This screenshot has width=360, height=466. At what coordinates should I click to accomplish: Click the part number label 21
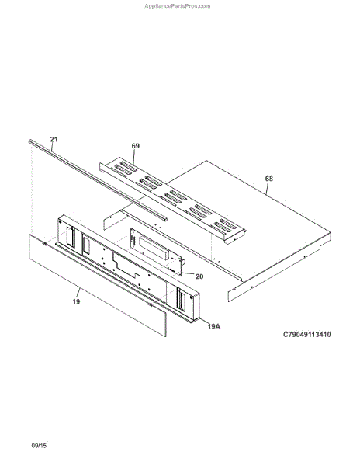click(x=54, y=139)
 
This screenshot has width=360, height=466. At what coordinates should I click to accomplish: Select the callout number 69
click(x=136, y=146)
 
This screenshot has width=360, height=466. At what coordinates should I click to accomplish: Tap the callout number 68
click(x=269, y=179)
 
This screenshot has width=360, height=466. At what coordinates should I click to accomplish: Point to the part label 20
click(x=199, y=276)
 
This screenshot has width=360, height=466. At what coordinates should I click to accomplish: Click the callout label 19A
click(x=213, y=326)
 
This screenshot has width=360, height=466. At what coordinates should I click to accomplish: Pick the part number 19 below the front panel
click(x=76, y=301)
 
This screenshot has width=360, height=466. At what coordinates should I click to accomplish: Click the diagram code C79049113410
click(x=307, y=334)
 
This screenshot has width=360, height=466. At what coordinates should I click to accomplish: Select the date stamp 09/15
click(x=39, y=446)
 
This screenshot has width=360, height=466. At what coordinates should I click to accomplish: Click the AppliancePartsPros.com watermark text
click(x=178, y=6)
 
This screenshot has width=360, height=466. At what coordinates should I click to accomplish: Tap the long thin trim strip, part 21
click(x=98, y=180)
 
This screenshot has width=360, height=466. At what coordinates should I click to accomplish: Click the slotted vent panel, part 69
click(x=172, y=200)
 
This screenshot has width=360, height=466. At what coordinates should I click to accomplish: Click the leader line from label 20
click(x=188, y=274)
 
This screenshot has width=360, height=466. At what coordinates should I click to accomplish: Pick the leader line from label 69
click(x=134, y=157)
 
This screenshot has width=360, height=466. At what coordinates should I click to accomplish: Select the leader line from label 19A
click(x=203, y=322)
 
